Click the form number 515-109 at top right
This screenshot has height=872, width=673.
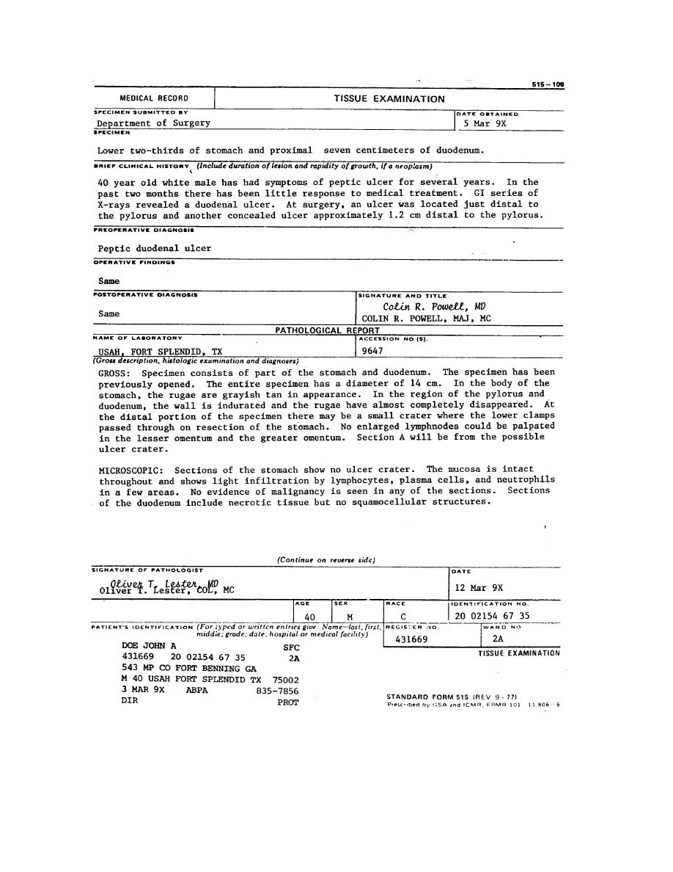point(548,84)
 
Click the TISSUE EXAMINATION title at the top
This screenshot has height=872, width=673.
point(389,99)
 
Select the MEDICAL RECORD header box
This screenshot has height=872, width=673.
point(154,98)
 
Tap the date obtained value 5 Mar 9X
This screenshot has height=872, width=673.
point(485,124)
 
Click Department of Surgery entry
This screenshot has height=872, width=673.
point(154,123)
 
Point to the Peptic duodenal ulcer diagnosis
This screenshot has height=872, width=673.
point(155,248)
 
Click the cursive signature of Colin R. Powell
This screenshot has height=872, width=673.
point(434,307)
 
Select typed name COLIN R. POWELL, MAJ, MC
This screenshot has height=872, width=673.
point(427,319)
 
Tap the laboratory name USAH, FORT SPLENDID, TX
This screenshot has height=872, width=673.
point(161,352)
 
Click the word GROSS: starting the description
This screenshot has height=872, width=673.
point(114,373)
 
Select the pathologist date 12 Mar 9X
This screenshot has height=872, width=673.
point(479,588)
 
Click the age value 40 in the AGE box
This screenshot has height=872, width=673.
point(309,617)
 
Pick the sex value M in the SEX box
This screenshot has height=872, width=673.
point(350,617)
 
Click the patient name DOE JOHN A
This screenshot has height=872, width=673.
point(149,646)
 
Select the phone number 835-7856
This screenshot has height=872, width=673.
point(277,691)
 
